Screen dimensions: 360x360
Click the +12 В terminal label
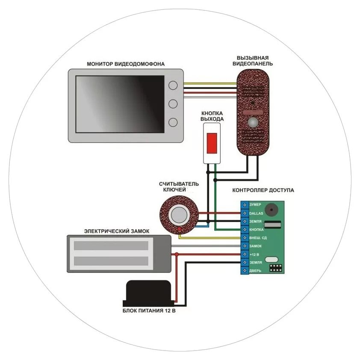tap(254, 254)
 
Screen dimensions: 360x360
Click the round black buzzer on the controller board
tap(271, 210)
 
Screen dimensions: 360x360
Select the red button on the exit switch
tap(212, 142)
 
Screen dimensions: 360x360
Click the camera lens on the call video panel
tap(254, 123)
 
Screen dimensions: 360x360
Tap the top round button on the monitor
tap(173, 85)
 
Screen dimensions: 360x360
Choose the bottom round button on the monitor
tap(173, 123)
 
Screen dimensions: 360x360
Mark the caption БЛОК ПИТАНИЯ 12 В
tap(149, 311)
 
